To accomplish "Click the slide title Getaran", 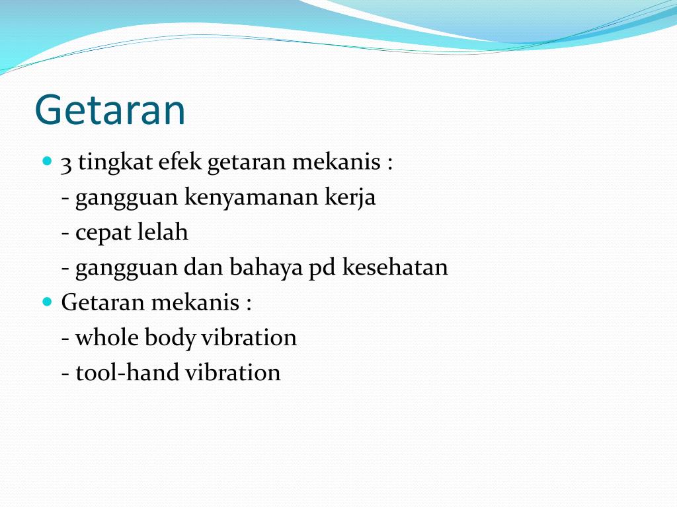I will click(110, 110).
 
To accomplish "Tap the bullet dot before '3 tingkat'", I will click(46, 160).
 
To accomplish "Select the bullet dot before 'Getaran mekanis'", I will click(46, 302).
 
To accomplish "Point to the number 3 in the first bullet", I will click(66, 162).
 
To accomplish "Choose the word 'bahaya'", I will click(266, 267).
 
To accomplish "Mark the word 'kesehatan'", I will click(395, 267).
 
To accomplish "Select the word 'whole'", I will click(107, 337).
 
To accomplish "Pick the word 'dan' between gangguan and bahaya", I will click(204, 267).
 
